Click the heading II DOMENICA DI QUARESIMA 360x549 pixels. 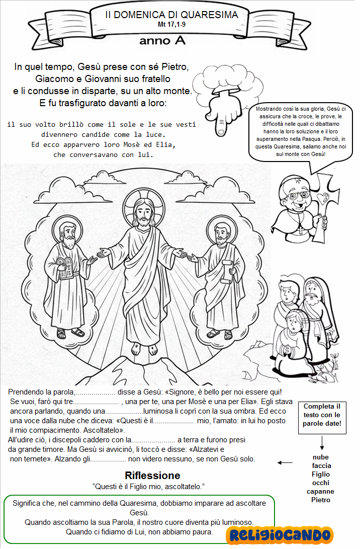click(171, 15)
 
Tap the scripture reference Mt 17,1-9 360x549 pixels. click(171, 24)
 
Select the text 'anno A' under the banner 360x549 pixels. click(162, 41)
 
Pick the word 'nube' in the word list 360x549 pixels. click(321, 457)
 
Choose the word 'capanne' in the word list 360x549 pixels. click(321, 492)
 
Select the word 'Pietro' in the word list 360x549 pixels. click(321, 500)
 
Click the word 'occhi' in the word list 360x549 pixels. click(321, 483)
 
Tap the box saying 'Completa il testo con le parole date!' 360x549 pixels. click(322, 415)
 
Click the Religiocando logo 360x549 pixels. click(280, 535)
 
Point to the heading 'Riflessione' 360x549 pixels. click(152, 476)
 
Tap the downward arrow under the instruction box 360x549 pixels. click(321, 443)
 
